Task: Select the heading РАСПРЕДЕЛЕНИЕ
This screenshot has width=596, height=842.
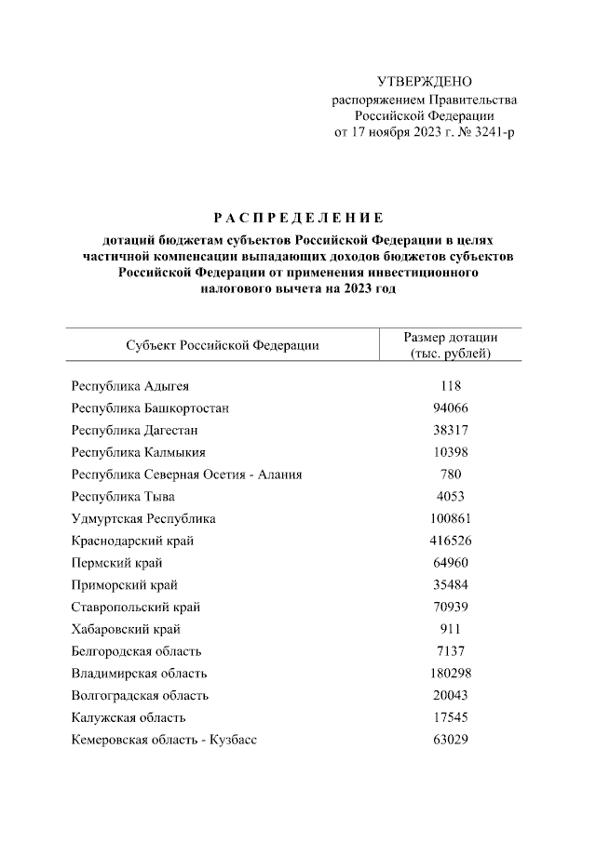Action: (298, 219)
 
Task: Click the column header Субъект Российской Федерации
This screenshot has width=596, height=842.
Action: (222, 345)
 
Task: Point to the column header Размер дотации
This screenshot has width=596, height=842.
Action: (450, 338)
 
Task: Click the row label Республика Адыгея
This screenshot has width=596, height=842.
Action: (130, 385)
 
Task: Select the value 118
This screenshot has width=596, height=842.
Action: (450, 385)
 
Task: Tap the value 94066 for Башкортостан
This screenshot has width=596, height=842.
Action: (450, 408)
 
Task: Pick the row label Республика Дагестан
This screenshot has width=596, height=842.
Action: (134, 430)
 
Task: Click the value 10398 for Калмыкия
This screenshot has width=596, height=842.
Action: (450, 452)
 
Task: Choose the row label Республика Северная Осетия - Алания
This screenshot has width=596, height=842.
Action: (186, 474)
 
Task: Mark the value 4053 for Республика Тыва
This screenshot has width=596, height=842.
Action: (450, 497)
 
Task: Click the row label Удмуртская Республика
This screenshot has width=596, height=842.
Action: (142, 518)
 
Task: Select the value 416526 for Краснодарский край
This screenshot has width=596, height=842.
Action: (450, 541)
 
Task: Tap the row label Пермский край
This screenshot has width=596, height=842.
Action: (116, 563)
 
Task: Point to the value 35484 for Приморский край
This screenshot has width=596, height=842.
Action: (450, 585)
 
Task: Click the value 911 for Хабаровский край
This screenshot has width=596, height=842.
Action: (450, 629)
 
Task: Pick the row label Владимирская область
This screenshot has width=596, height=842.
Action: (139, 673)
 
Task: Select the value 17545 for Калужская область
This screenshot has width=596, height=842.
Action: (450, 717)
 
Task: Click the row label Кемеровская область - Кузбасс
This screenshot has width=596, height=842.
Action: (164, 740)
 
